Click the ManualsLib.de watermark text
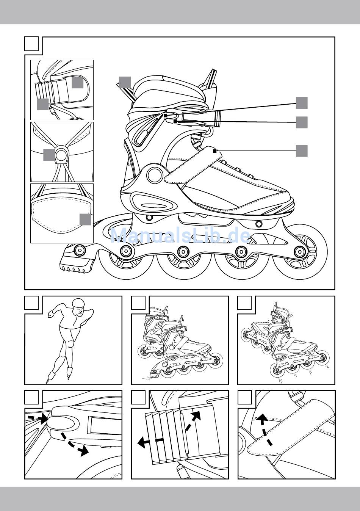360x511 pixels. pyautogui.click(x=180, y=235)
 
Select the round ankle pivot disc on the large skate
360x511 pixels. pyautogui.click(x=154, y=175)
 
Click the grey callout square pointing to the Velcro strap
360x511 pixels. pyautogui.click(x=302, y=150)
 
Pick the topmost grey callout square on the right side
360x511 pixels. pyautogui.click(x=302, y=103)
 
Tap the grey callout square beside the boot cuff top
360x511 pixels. pyautogui.click(x=124, y=82)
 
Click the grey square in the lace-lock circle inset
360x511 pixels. pyautogui.click(x=49, y=155)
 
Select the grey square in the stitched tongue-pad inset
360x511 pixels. pyautogui.click(x=85, y=219)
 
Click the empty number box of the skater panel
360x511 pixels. pyautogui.click(x=31, y=303)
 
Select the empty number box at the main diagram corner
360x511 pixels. pyautogui.click(x=31, y=44)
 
